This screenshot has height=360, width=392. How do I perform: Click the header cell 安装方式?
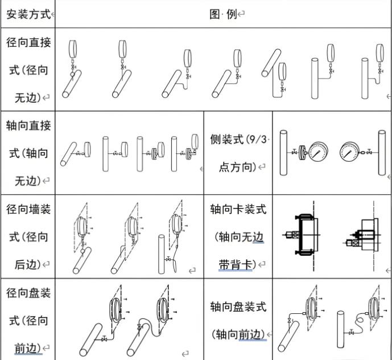click(28, 14)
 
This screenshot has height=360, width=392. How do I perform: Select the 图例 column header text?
click(223, 14)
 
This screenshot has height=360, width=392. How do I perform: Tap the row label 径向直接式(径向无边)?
click(28, 70)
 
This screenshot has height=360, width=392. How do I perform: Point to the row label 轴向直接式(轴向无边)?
click(28, 153)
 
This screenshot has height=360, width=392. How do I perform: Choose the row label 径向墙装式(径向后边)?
click(28, 236)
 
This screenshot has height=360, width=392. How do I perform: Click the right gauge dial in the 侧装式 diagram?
click(349, 152)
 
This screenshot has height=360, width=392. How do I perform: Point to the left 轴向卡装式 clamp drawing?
click(304, 236)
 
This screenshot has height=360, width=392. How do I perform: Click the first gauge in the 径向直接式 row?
click(72, 53)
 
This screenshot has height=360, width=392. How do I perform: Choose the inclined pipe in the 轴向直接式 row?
click(69, 153)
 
